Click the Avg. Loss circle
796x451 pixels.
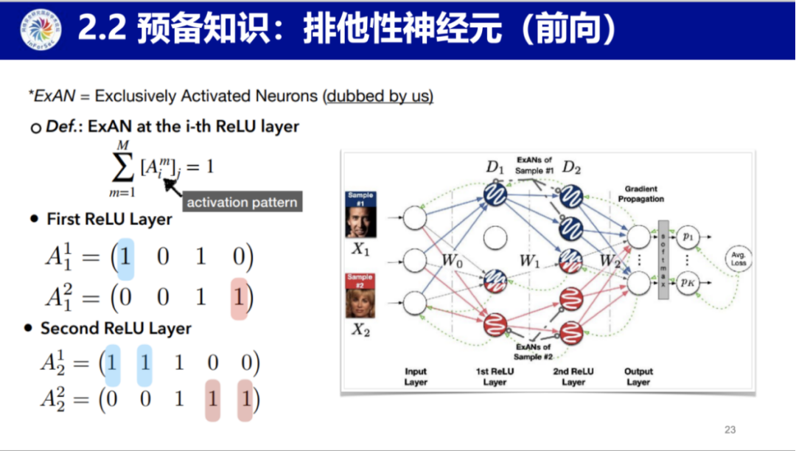738,259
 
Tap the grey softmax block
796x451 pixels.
663,259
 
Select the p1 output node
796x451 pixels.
688,237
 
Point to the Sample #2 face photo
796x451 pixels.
360,297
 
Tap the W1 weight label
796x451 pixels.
529,260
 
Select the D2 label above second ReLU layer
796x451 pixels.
572,167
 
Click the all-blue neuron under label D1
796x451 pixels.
495,196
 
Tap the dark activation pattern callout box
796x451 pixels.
242,202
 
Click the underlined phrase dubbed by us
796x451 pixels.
379,96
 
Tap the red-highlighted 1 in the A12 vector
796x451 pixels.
240,298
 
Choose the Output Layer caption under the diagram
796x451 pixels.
638,377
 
